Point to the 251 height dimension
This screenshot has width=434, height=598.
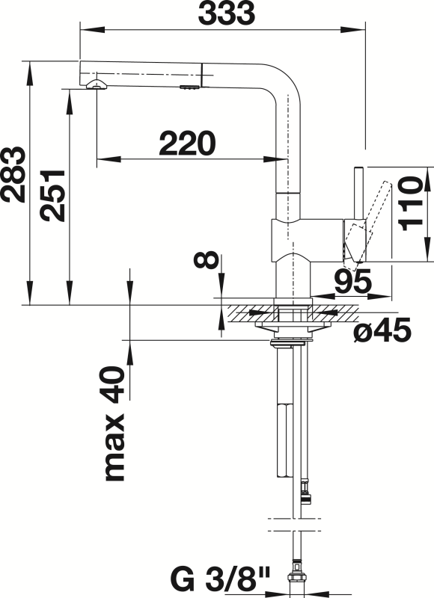point(52,193)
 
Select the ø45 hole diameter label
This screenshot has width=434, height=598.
point(382,331)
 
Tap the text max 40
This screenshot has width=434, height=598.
point(112,423)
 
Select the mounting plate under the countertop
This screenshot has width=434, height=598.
point(292,326)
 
